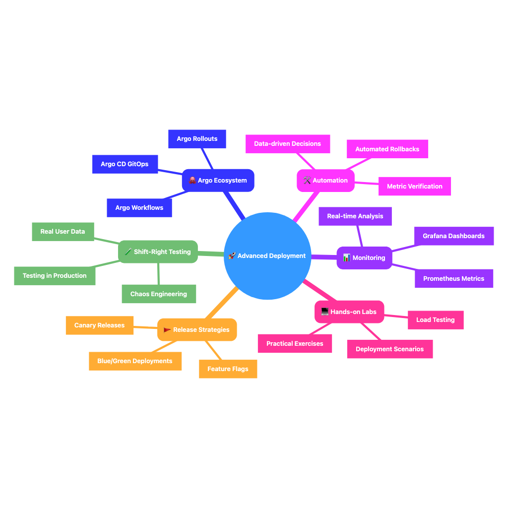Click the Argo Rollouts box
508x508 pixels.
click(197, 139)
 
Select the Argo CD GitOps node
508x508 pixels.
click(125, 164)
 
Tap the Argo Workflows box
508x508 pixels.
click(139, 208)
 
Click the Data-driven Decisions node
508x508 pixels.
click(287, 144)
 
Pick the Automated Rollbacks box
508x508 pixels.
click(387, 149)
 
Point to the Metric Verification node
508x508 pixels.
click(414, 187)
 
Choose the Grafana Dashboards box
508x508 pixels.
click(453, 236)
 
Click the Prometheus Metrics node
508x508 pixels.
click(453, 279)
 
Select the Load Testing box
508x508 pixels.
click(435, 320)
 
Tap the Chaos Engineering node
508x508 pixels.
click(159, 294)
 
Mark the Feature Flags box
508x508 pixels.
click(228, 369)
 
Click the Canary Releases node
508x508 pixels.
click(99, 325)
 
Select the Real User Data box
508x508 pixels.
click(63, 232)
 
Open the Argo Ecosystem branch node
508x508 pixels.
click(218, 181)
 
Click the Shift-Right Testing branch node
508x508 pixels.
click(158, 252)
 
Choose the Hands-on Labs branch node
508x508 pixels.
click(349, 312)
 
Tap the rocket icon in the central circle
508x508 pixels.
click(232, 256)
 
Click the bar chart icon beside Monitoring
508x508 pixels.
click(347, 258)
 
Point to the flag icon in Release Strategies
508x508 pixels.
click(167, 330)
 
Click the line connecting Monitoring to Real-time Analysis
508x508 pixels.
click(360, 236)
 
